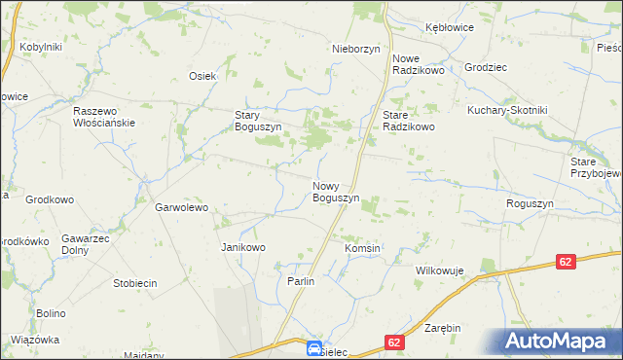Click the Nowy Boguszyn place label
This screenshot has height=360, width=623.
point(336,192)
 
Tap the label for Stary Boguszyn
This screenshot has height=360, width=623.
point(258,121)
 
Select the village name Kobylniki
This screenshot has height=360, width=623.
point(41,47)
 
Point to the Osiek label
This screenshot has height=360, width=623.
point(202,76)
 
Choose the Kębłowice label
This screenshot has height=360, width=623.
point(449,27)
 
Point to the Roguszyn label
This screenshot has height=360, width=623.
point(530,203)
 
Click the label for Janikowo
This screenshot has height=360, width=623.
point(243,247)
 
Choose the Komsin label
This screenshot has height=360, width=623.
point(362,248)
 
